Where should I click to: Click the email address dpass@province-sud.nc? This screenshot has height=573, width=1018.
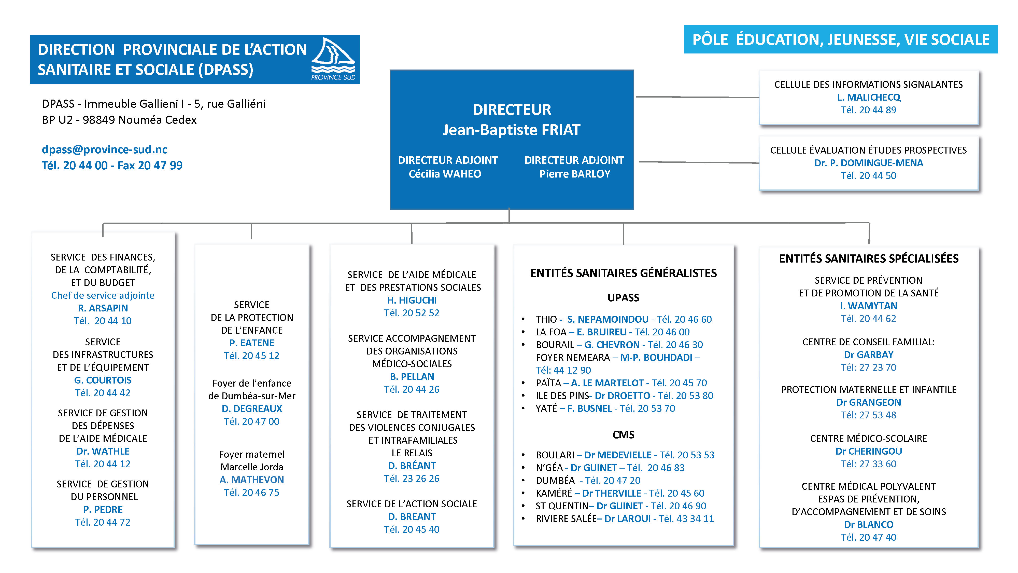click(105, 149)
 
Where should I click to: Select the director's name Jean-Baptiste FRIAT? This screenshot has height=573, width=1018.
click(511, 130)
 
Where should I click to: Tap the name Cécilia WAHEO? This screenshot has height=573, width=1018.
click(445, 174)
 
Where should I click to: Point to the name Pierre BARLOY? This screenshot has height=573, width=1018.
click(575, 174)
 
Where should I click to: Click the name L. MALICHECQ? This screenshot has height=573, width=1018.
click(869, 97)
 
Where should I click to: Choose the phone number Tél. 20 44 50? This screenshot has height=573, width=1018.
click(869, 175)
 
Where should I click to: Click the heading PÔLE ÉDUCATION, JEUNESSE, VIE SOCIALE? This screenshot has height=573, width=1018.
click(841, 39)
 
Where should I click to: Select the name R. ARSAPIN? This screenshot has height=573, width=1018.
click(103, 308)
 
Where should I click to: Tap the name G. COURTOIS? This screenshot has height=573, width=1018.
click(103, 380)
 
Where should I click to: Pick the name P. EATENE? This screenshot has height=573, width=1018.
click(252, 343)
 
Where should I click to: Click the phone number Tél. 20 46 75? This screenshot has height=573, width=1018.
click(252, 492)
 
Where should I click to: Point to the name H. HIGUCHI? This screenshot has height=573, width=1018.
click(412, 300)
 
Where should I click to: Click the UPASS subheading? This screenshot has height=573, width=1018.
click(623, 298)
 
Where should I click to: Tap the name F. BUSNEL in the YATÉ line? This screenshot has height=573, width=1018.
click(590, 408)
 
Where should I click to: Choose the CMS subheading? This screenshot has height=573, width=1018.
click(623, 435)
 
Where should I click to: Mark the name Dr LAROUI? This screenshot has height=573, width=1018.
click(628, 519)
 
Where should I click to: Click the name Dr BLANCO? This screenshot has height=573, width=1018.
click(869, 524)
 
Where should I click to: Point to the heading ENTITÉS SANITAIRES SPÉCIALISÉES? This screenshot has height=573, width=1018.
click(869, 259)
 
